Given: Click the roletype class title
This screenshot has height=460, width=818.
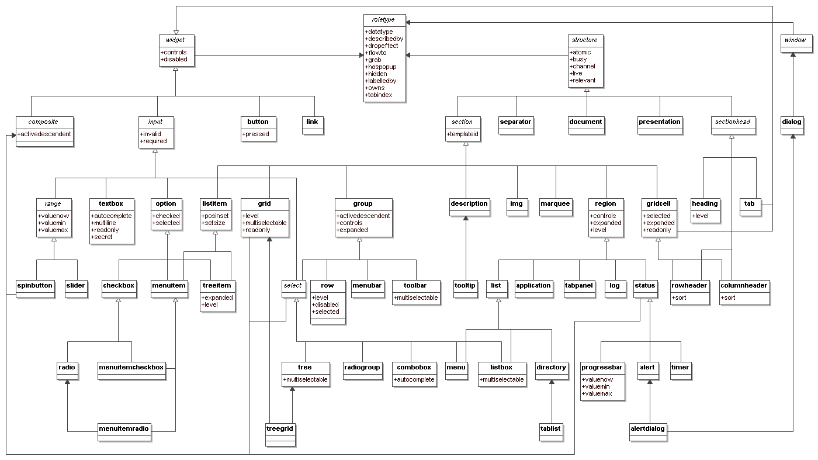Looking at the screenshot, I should tap(384, 19).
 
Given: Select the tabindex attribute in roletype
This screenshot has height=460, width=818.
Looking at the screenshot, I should tap(379, 95).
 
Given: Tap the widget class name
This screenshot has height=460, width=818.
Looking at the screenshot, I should tap(176, 40).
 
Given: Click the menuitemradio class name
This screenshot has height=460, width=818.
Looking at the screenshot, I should tap(124, 428).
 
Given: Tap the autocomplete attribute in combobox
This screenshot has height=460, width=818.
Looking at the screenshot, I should tap(414, 379).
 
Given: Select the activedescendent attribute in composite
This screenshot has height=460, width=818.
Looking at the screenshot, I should tap(44, 134).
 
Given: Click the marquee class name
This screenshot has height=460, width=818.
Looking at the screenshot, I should tap(554, 203).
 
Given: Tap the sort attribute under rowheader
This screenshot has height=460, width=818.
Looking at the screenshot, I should tap(680, 298).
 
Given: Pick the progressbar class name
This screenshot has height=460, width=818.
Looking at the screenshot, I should tap(602, 367).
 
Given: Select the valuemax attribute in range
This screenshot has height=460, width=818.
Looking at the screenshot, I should tap(54, 230).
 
